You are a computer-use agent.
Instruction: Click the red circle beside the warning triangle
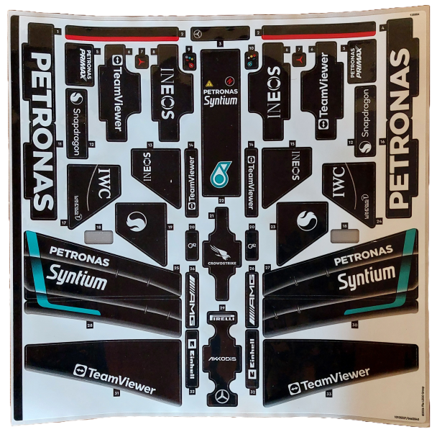(230, 81)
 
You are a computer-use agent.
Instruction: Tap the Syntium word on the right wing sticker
(367, 276)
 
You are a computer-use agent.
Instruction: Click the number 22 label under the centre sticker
(221, 199)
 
